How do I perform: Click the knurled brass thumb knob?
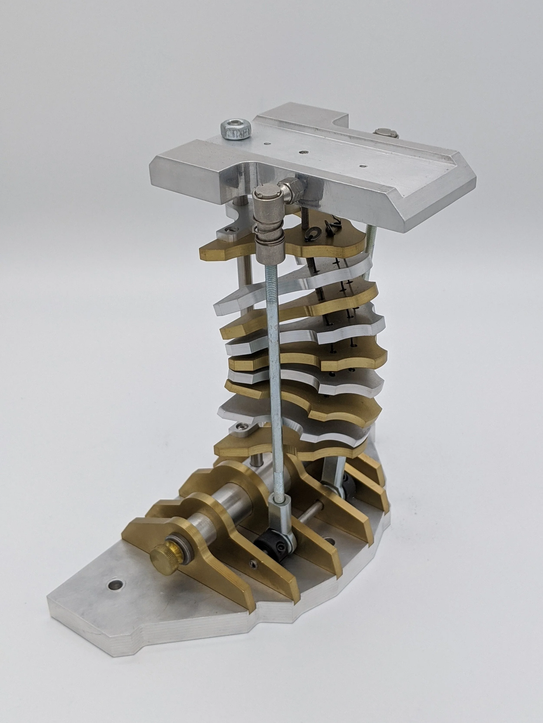[x=163, y=555]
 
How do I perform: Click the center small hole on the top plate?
[x=305, y=152]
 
